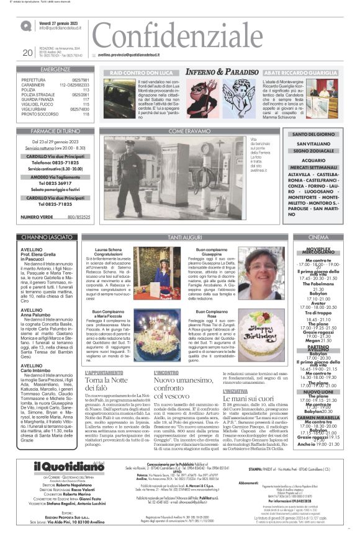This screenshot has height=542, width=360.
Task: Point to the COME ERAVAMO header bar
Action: [185, 131]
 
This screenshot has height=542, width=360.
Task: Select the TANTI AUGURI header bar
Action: [185, 238]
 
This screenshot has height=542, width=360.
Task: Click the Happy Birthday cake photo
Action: [261, 336]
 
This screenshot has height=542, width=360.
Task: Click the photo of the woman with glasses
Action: [261, 273]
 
